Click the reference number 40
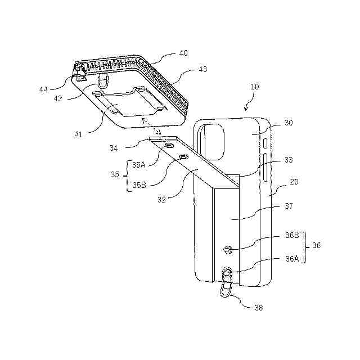coord(183,53)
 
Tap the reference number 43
coord(202,70)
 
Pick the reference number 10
coord(255,87)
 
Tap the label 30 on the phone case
coord(289,123)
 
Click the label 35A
coord(138,165)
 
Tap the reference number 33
coord(289,160)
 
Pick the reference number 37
coord(289,206)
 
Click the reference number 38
coord(258,308)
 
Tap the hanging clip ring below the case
coord(225,291)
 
